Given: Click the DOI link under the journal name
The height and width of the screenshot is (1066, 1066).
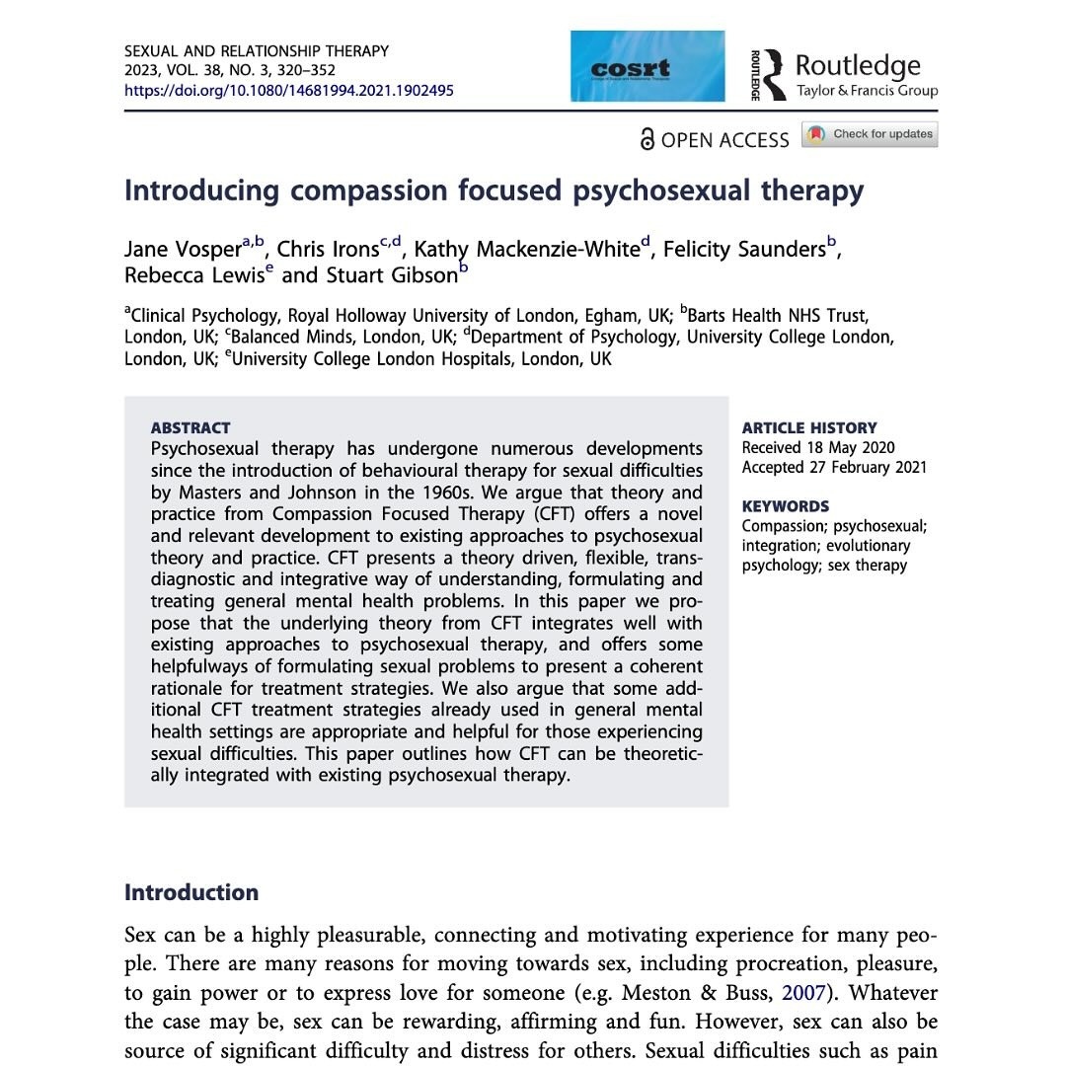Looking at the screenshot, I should [289, 90].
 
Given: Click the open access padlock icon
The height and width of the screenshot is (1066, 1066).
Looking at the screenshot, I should [647, 139].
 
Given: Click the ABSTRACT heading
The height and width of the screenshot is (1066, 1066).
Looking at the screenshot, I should [190, 427].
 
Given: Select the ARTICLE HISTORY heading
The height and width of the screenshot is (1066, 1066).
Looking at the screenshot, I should [809, 427].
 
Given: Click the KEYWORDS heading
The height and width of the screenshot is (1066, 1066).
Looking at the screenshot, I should [786, 506].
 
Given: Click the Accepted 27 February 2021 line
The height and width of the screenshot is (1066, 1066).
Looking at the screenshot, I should [834, 467].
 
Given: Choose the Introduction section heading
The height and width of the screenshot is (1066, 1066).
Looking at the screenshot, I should [191, 892].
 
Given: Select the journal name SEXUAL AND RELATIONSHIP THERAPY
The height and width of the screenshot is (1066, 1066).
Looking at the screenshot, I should [257, 50].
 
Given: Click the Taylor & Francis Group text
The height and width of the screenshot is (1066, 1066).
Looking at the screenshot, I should [867, 91].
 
